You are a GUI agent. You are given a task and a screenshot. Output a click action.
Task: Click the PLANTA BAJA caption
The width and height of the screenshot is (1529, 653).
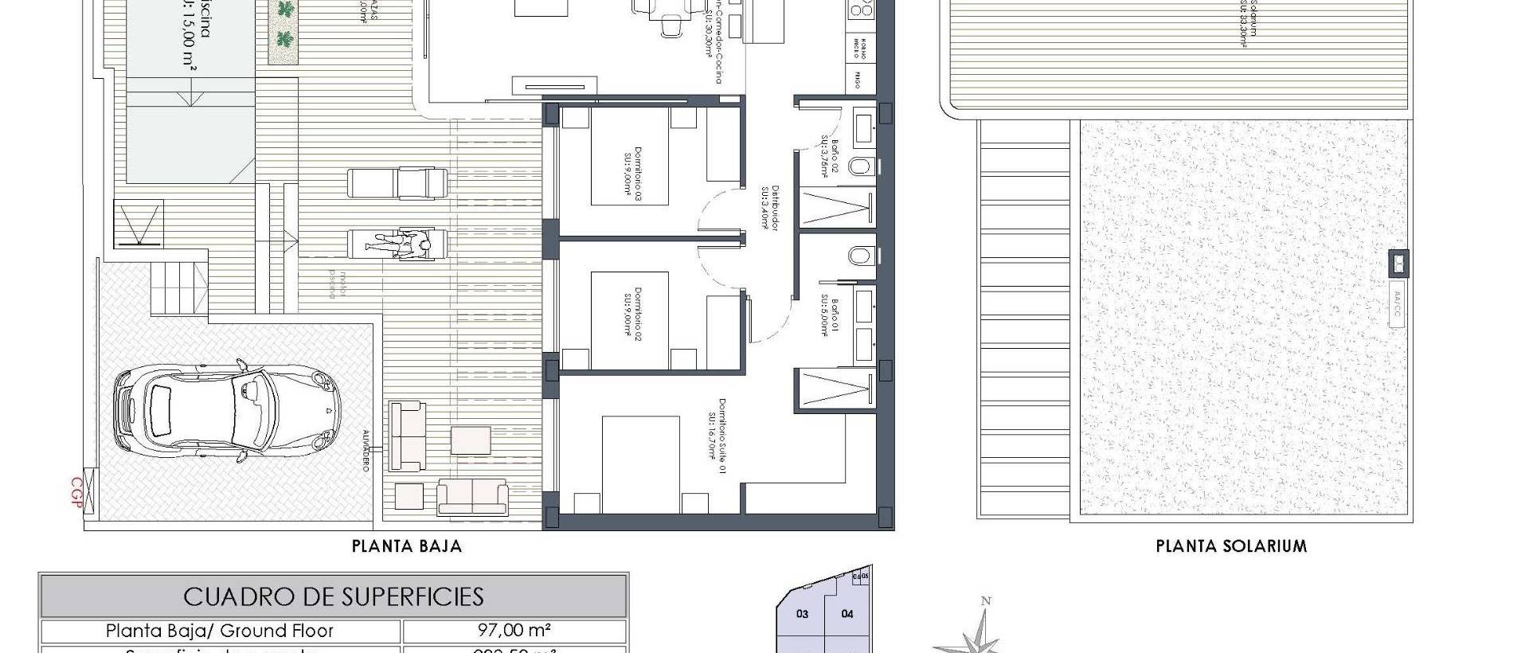407,546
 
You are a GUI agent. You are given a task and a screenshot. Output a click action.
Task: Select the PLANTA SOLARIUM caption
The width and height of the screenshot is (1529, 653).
1231,546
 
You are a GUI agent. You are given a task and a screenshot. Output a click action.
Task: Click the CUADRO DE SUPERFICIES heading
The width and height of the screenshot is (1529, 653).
334,596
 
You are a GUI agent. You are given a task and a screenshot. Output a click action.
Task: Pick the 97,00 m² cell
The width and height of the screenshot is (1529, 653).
514,631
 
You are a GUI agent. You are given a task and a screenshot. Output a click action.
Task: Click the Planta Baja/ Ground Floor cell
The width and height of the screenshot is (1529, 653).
220,631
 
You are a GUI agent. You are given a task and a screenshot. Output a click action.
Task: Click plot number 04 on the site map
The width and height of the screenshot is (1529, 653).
847,614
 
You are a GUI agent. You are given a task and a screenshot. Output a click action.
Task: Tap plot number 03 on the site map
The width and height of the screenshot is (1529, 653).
803,614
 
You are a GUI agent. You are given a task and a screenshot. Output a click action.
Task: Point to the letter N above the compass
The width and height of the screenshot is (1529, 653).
986,601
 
